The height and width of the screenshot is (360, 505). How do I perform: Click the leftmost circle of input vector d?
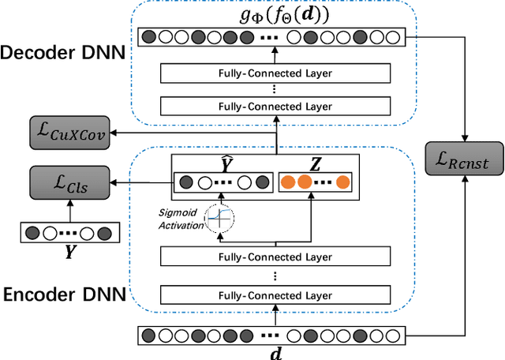click(x=148, y=334)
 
